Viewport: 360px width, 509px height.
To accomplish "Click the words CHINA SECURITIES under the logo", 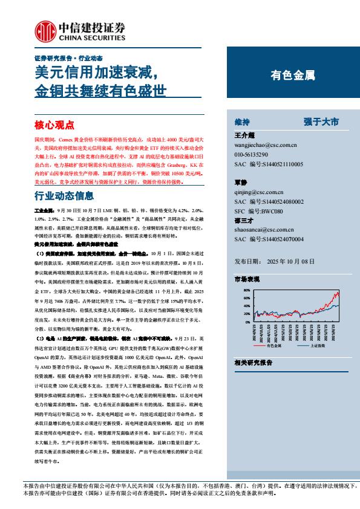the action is (x=92, y=36).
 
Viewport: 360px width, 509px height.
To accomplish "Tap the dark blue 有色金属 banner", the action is (x=293, y=76).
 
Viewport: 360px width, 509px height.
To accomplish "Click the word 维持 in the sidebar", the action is (x=241, y=122).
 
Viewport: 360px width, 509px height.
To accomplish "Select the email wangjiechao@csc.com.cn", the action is (x=264, y=146).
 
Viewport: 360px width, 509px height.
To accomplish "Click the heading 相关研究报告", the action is (x=253, y=362).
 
